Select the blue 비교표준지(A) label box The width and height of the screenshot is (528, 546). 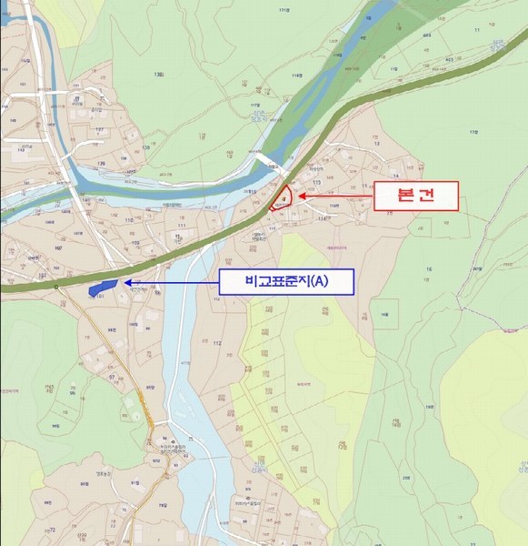point(285,282)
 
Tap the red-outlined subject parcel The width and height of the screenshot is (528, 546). point(284,200)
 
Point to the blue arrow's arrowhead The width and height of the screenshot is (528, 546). point(126,283)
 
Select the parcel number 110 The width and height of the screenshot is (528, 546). point(128,220)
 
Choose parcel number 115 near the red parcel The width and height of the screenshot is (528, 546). point(317,183)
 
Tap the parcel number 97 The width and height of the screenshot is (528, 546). point(112,376)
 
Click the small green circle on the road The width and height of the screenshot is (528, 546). point(55,287)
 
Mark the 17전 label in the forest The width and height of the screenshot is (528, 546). point(473,133)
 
